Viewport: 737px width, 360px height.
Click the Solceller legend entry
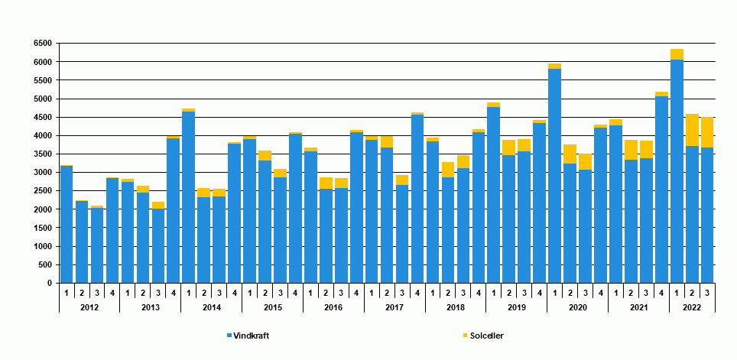point(486,336)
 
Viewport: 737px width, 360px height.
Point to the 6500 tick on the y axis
point(41,44)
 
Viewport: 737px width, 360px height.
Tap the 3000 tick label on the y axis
point(41,173)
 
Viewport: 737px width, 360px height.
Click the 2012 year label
point(89,307)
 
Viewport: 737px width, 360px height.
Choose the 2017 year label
point(394,307)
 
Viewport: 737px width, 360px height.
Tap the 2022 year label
point(692,307)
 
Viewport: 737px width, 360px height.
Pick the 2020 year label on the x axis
point(577,307)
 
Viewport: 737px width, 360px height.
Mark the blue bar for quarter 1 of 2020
point(554,176)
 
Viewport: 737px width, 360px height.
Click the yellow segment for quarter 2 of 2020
point(570,154)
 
